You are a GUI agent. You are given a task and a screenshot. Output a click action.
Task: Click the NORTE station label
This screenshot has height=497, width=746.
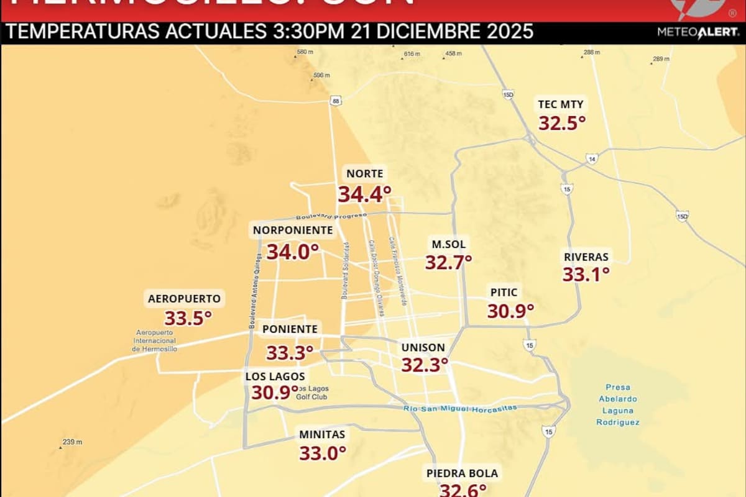coord(365,174)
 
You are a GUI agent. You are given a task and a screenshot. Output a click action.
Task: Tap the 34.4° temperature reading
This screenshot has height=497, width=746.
coord(364,194)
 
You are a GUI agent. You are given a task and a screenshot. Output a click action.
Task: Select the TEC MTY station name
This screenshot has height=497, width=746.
coord(561,104)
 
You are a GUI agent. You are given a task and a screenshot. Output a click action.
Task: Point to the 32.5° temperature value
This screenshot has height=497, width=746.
coord(562,123)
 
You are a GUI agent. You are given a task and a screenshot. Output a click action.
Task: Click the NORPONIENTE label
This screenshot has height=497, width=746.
coord(293,230)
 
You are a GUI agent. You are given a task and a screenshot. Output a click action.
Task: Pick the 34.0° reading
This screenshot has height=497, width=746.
coord(293,252)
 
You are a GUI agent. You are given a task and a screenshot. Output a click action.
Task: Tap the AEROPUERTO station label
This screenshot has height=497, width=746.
coord(184,299)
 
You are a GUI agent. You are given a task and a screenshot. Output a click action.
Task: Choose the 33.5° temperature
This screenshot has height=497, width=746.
coord(188,319)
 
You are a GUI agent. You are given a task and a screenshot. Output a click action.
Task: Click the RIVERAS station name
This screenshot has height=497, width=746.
coord(586,257)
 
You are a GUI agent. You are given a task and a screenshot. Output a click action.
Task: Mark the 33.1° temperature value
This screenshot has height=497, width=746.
coord(586,274)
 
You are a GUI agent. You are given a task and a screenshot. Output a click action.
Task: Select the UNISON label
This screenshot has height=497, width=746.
coord(423,347)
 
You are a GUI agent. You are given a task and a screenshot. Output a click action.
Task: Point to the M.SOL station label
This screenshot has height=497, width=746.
coord(448,244)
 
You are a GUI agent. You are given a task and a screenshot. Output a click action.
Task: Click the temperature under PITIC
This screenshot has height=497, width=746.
coord(510,311)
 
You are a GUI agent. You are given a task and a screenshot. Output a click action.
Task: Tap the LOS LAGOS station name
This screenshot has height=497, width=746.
coord(275,376)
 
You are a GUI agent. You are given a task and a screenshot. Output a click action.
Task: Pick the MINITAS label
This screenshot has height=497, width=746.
coord(322,434)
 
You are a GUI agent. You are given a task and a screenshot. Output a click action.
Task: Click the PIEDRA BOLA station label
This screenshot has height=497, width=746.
coord(462,473)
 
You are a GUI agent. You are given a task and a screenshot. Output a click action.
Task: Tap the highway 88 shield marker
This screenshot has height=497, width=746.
coord(336,101)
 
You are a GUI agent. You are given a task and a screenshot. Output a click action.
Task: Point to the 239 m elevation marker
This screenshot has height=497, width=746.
coord(71,442)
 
